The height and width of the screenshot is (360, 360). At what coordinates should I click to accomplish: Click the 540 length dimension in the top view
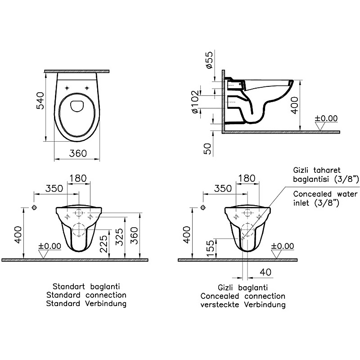coord(40,101)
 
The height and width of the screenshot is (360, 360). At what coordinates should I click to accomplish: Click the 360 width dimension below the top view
coord(78,153)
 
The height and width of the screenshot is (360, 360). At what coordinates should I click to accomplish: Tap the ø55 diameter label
coord(209,60)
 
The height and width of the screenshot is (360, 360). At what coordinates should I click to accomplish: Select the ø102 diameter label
coord(195,102)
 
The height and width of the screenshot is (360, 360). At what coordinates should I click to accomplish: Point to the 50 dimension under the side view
coord(207,149)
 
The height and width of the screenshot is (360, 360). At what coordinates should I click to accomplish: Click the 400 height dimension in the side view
coord(295,105)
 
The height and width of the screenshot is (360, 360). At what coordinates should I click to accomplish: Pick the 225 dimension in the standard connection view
coord(104,244)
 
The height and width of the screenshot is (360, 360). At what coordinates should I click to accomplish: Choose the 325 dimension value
coord(119,237)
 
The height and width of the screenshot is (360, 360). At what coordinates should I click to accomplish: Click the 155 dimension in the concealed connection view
coord(210,248)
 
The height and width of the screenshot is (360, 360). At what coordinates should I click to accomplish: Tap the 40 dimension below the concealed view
coord(265,272)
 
